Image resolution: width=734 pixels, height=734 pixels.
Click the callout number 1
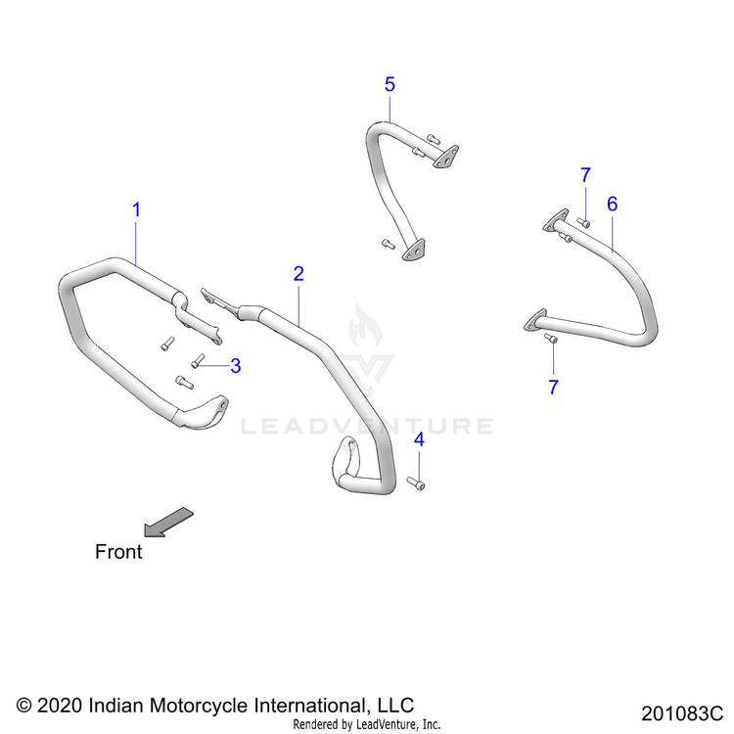tap(137, 209)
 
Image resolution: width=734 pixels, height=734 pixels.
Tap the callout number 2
tap(298, 273)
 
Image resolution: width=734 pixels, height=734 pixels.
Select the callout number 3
tap(235, 365)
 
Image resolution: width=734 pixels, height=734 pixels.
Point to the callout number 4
tap(419, 440)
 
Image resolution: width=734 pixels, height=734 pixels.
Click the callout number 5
tap(390, 85)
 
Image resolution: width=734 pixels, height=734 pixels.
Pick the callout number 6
tap(613, 204)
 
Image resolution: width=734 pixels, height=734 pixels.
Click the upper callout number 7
tap(585, 175)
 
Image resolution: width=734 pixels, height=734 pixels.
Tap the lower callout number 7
tap(553, 388)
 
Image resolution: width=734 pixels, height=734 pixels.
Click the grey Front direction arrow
tap(168, 522)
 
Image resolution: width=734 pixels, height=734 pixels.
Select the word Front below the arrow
tap(118, 552)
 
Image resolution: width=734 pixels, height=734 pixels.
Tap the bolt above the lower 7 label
tap(550, 339)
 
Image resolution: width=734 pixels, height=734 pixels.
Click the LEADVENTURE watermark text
tap(368, 426)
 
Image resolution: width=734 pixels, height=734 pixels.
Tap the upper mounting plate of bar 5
tap(446, 157)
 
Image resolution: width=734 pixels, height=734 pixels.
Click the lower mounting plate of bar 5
tap(414, 251)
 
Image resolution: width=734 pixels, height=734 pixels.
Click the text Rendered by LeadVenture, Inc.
tap(367, 724)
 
